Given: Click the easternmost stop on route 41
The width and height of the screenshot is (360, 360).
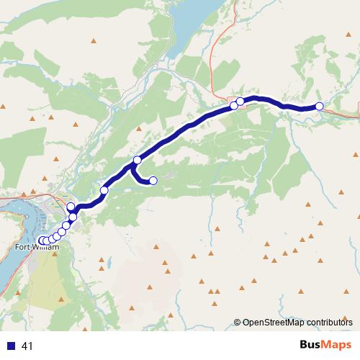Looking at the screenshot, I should [319, 107].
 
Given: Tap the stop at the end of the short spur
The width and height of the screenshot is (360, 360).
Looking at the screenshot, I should [153, 181].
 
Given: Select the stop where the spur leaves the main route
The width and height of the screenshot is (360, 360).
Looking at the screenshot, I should [137, 160].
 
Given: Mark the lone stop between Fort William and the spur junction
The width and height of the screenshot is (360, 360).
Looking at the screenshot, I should [104, 190].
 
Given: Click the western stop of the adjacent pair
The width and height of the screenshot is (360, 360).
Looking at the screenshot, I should [234, 106].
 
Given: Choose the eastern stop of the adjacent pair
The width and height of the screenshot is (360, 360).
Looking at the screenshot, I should [240, 102].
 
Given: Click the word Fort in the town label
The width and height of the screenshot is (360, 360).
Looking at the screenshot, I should [23, 248].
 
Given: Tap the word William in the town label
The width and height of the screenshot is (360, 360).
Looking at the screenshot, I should [44, 248].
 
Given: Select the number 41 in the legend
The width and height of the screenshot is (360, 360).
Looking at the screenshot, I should [27, 346].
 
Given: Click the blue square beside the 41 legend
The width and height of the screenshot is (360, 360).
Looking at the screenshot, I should [11, 346].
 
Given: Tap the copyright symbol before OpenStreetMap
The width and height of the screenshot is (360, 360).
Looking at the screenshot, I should [238, 323].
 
